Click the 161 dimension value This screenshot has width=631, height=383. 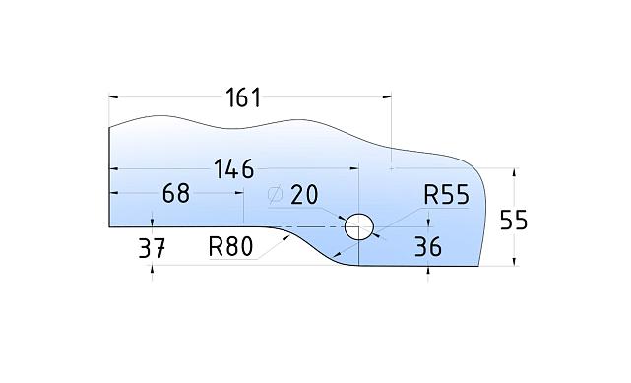pyautogui.click(x=243, y=97)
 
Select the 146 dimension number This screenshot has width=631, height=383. pyautogui.click(x=233, y=168)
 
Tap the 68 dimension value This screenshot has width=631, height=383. pyautogui.click(x=175, y=193)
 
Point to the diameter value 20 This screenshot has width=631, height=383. pyautogui.click(x=304, y=195)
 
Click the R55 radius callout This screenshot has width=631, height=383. pyautogui.click(x=446, y=195)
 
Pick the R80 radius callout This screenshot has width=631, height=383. pyautogui.click(x=231, y=246)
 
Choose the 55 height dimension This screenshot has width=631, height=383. pyautogui.click(x=513, y=220)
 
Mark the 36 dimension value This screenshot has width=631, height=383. pyautogui.click(x=428, y=246)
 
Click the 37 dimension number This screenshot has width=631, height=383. pyautogui.click(x=151, y=248)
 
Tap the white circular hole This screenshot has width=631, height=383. pyautogui.click(x=359, y=225)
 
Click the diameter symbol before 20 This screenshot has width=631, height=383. pyautogui.click(x=276, y=195)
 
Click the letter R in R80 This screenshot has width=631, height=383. pyautogui.click(x=217, y=246)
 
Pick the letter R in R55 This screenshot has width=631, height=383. pyautogui.click(x=431, y=195)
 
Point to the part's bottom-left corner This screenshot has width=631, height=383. pyautogui.click(x=109, y=226)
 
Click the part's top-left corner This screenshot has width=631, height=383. pyautogui.click(x=109, y=126)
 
